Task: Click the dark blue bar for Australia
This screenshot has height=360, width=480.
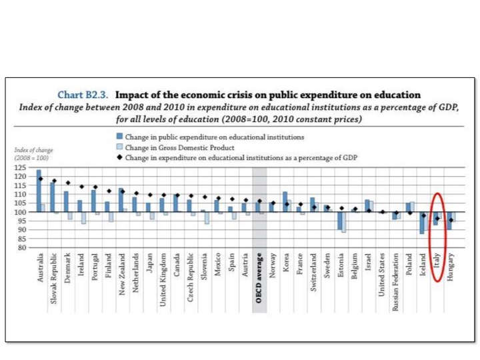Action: (39, 191)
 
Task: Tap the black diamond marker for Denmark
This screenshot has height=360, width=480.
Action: (68, 183)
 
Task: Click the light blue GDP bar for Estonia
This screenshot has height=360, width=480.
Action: (344, 222)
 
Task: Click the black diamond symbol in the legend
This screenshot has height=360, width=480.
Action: (119, 157)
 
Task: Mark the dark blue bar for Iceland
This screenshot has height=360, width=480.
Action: (421, 223)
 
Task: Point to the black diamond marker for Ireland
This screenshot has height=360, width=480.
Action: (82, 187)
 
